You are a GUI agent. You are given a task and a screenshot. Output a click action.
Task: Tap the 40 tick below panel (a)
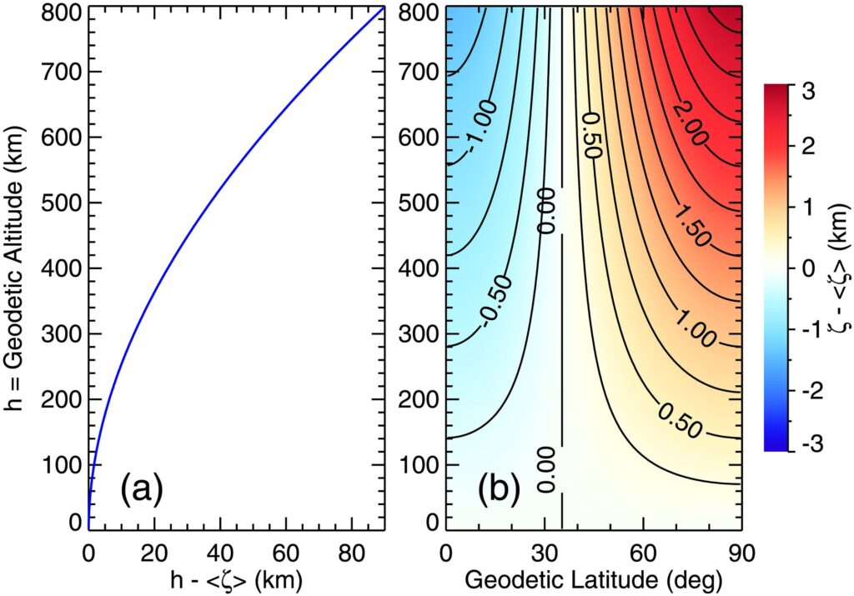[220, 549]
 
